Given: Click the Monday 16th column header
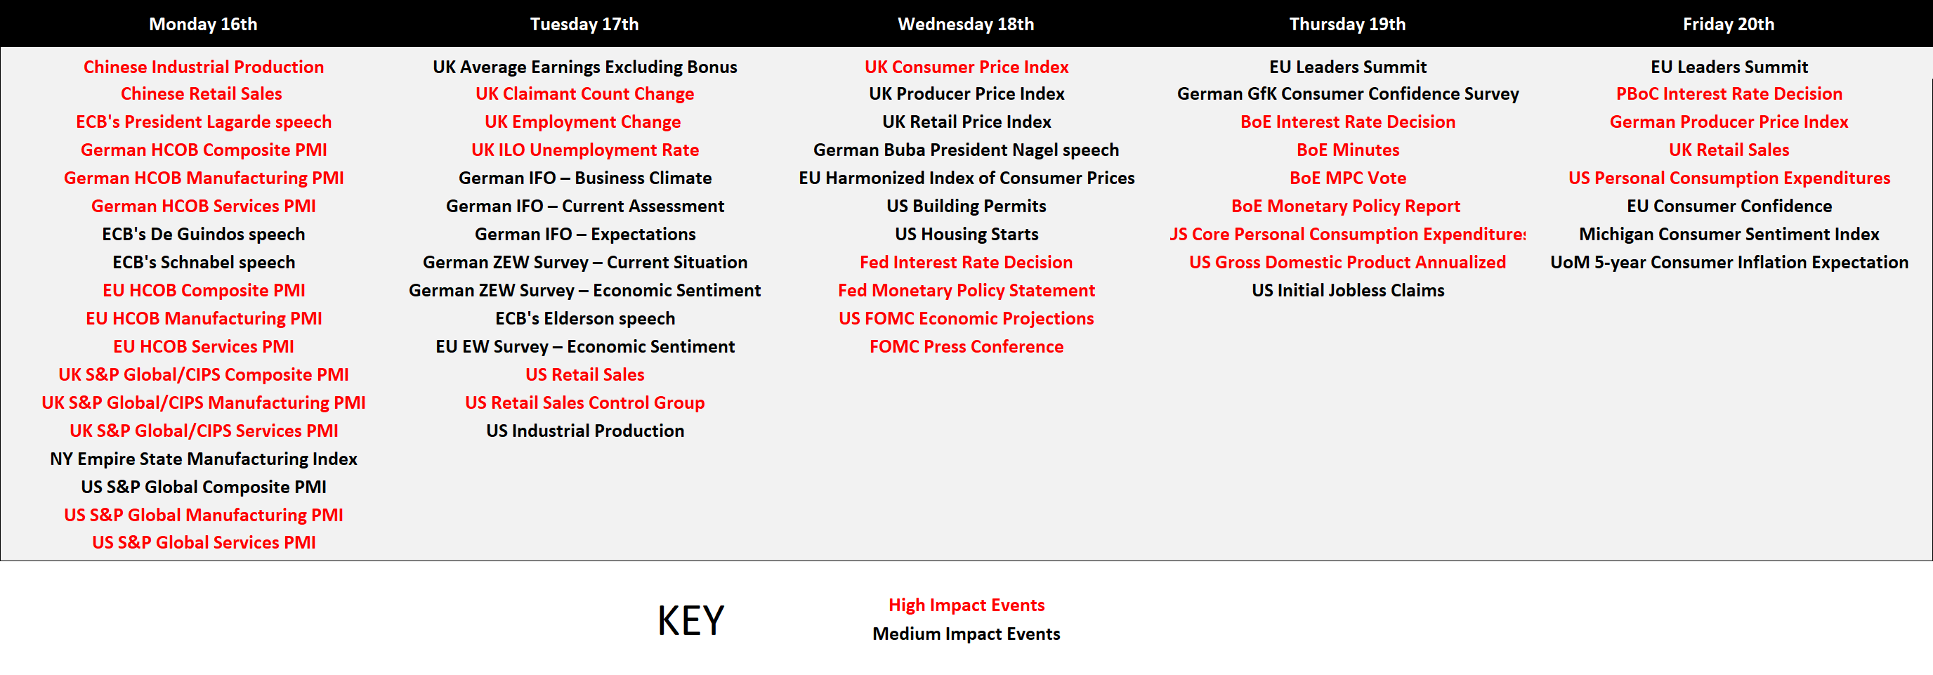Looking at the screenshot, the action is tap(204, 24).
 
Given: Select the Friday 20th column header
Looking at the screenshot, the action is tap(1729, 24).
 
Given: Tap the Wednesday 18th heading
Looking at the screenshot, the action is tap(966, 24).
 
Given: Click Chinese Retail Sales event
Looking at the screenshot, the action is tap(202, 93).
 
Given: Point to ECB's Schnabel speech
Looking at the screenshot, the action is tap(204, 263).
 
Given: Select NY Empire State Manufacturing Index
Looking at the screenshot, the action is tap(204, 459).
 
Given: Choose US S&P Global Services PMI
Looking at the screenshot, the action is tap(204, 542).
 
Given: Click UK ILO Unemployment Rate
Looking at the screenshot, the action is tap(585, 150).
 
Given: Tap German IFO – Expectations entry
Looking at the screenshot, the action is tap(585, 234).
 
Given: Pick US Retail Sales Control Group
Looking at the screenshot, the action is tap(585, 402).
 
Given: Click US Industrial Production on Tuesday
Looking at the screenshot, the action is tap(585, 431).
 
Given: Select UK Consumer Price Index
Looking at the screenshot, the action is tap(967, 67).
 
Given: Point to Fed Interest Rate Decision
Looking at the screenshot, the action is tap(967, 263).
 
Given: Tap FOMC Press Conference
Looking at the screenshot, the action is tap(967, 346).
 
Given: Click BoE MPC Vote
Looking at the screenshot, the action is tap(1348, 178).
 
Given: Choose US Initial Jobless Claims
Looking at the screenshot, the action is tap(1348, 290).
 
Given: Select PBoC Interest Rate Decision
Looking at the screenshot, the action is tap(1729, 93).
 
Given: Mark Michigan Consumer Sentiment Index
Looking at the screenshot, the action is tap(1729, 234).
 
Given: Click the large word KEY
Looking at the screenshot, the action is tap(690, 621).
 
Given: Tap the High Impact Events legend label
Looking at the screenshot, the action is tap(967, 605).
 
